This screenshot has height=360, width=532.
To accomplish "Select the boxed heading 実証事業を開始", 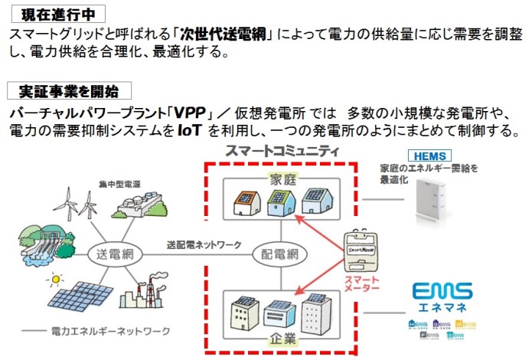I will coord(70,91).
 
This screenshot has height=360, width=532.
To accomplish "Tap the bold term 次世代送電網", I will coord(222,34).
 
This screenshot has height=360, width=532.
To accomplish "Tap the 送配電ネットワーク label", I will coord(204,245).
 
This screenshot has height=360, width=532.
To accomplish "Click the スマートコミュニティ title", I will coord(282,151).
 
